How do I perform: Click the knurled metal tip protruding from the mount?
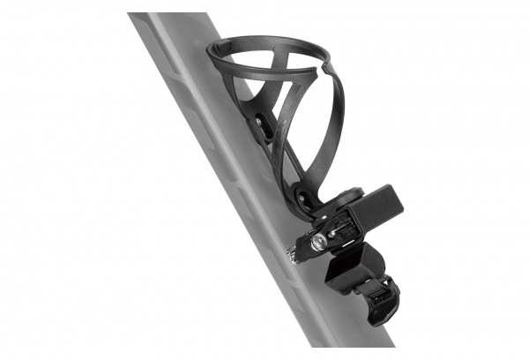point(292,257)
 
